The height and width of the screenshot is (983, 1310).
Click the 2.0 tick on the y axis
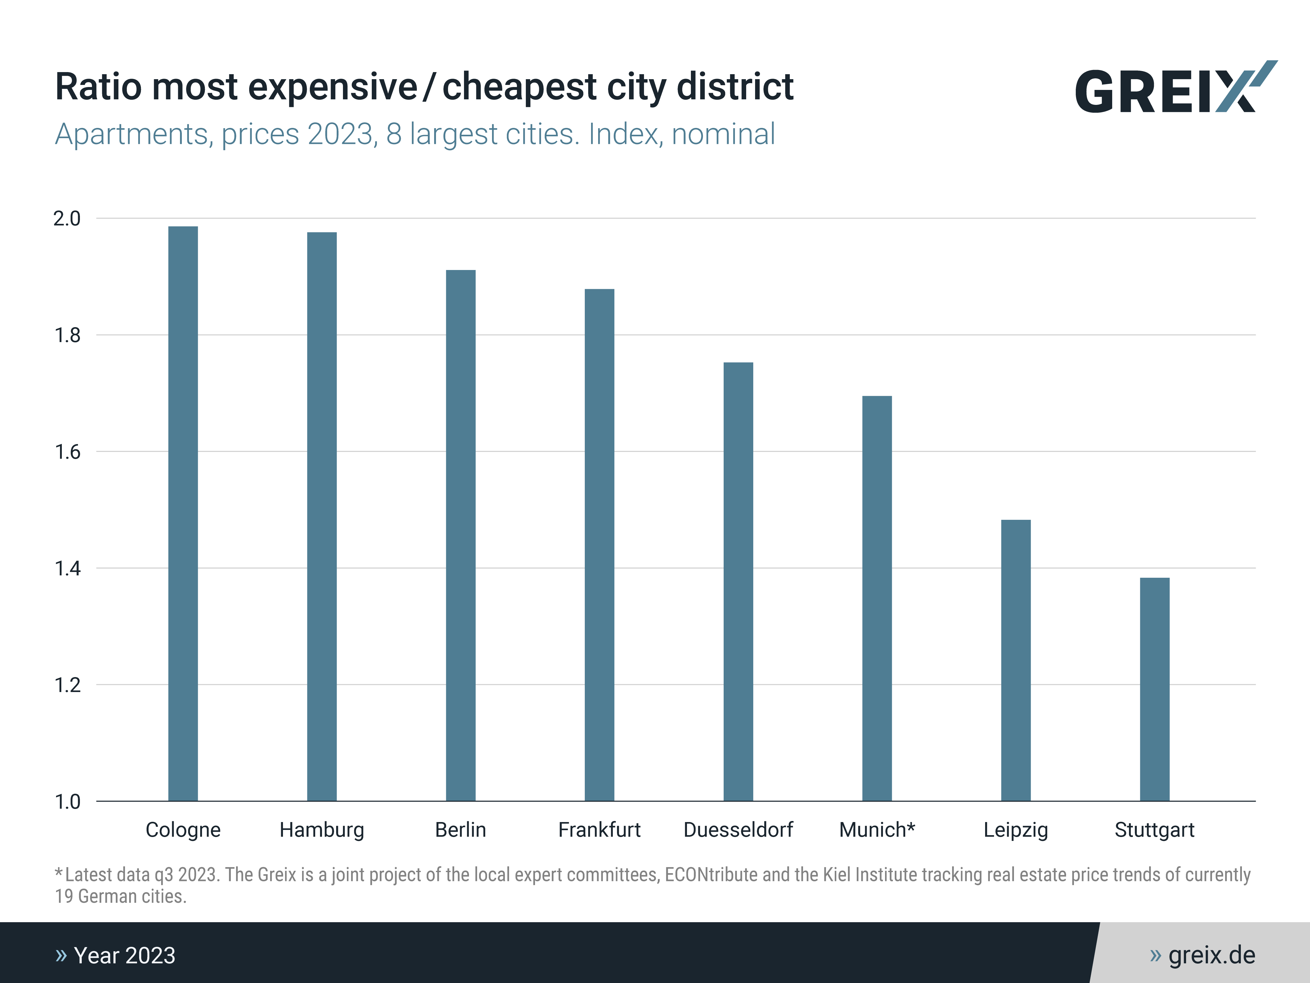[x=67, y=219]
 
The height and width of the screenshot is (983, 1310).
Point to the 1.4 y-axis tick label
[x=67, y=569]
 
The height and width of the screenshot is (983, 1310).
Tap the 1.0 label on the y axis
[x=67, y=802]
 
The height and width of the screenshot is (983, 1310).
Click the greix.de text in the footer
[x=1211, y=955]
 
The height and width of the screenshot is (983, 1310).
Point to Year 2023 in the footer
[x=124, y=955]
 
